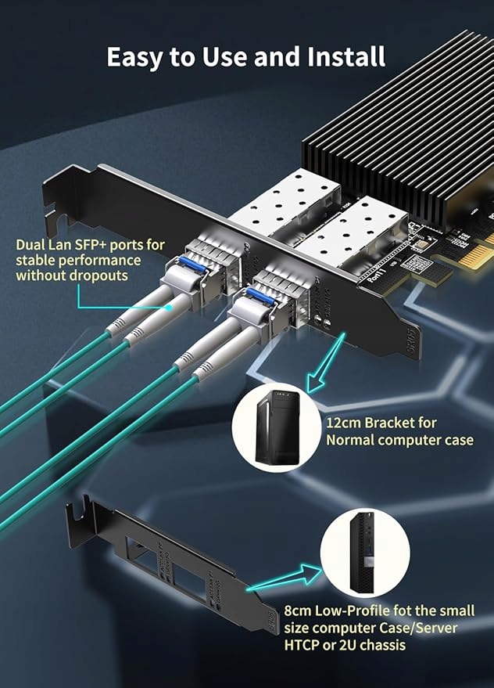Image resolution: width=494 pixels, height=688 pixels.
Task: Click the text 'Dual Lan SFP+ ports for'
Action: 90,244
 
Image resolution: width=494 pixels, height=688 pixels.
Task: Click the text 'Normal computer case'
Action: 399,440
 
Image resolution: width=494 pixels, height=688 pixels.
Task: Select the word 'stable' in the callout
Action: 36,260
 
